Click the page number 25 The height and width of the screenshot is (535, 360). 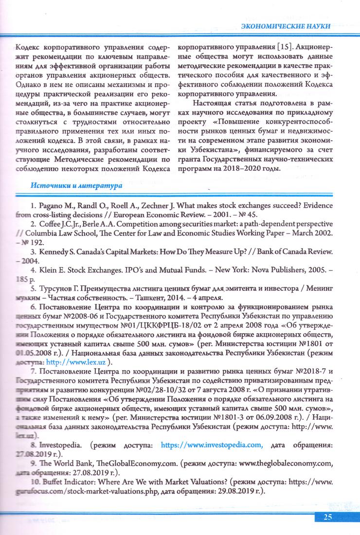(327, 517)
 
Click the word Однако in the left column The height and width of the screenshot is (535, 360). (29, 77)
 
